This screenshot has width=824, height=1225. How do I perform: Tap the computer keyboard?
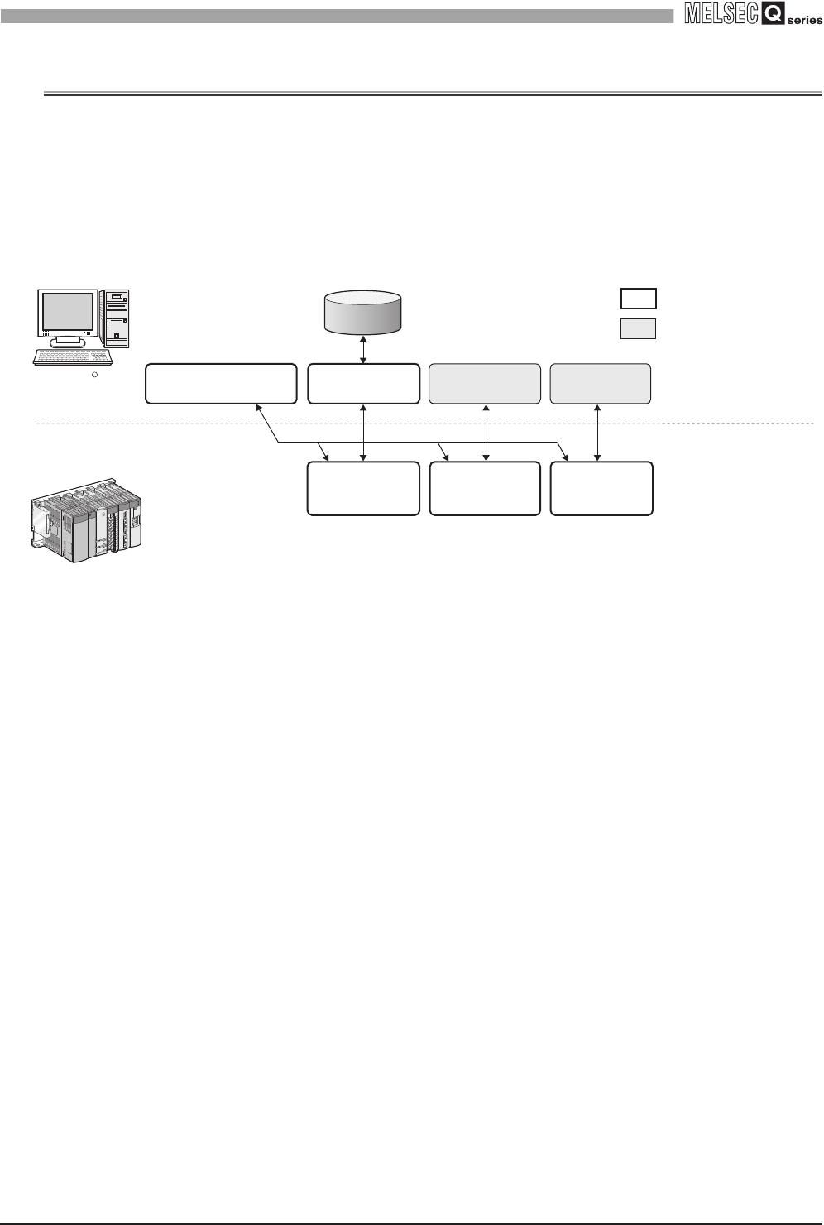pyautogui.click(x=72, y=356)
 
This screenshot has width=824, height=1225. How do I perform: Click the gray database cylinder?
pyautogui.click(x=363, y=312)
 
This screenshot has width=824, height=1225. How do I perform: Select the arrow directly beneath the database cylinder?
pyautogui.click(x=363, y=348)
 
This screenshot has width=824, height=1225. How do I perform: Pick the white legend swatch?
pyautogui.click(x=638, y=299)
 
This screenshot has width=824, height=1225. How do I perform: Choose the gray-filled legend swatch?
pyautogui.click(x=638, y=328)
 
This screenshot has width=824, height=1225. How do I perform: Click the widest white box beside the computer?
pyautogui.click(x=221, y=383)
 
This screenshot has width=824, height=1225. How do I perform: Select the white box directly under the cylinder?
pyautogui.click(x=363, y=383)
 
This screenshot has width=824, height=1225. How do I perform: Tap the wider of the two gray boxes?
pyautogui.click(x=485, y=383)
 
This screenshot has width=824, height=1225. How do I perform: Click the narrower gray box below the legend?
pyautogui.click(x=601, y=383)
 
